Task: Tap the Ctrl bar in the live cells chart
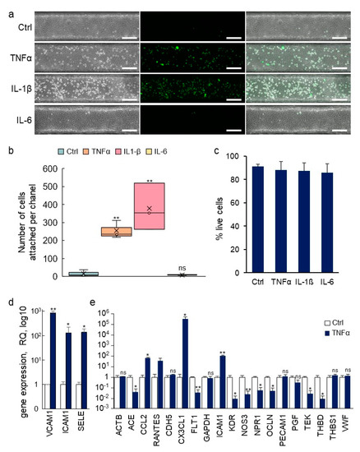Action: tap(236, 196)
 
